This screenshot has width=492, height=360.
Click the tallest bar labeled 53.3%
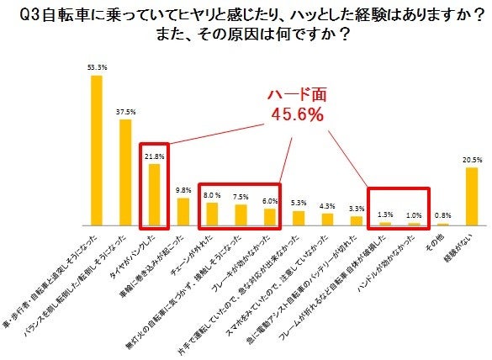[97, 151]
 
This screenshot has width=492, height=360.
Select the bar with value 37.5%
[125, 173]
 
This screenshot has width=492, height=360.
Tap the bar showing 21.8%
[154, 195]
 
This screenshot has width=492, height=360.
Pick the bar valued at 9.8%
[183, 213]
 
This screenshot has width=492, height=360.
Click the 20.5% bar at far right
[471, 198]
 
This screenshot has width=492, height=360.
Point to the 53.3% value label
[97, 66]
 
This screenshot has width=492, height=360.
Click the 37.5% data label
[126, 111]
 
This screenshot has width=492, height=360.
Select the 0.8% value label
[442, 216]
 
